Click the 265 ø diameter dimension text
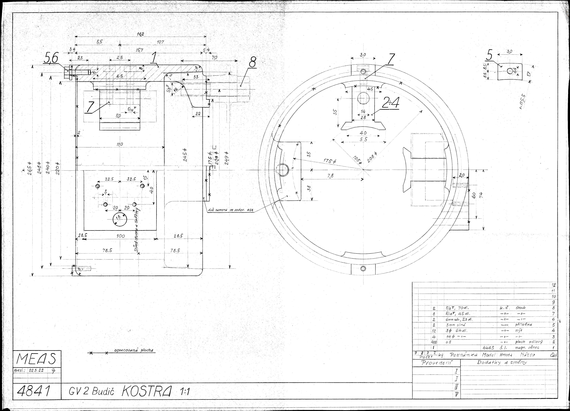coord(30,170)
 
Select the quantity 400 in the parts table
coord(434,342)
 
